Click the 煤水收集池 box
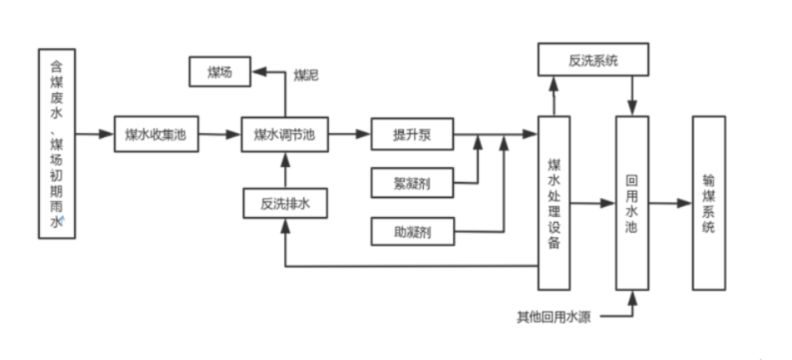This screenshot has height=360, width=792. (x=156, y=134)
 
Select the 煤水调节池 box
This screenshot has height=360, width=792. (x=285, y=134)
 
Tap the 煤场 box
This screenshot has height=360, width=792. (x=220, y=72)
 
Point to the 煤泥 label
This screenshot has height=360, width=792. (x=306, y=76)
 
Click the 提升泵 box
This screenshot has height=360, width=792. (x=411, y=134)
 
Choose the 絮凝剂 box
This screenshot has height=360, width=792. (x=411, y=182)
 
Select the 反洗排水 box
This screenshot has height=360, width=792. (x=285, y=203)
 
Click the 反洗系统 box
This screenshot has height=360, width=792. (x=593, y=61)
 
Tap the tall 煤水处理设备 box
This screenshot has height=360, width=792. (x=554, y=203)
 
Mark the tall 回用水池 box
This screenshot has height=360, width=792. (x=631, y=203)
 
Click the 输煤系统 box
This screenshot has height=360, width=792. (x=708, y=203)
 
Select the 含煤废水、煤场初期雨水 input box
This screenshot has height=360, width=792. (x=57, y=143)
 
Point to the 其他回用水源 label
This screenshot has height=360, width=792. (x=553, y=318)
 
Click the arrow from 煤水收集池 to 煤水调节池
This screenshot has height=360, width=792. (x=219, y=134)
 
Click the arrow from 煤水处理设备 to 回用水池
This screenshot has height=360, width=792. (x=593, y=203)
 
